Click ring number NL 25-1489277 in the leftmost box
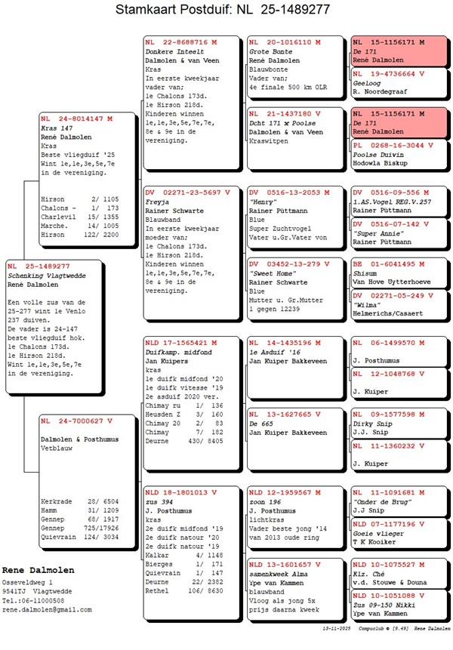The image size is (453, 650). pos(39,266)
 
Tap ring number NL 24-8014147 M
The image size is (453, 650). pos(76,119)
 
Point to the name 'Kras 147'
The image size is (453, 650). pos(57,128)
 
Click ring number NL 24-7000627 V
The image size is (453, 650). pos(76,420)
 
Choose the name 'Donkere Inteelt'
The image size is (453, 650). pos(171,51)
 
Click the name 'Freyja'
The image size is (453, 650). pos(158,202)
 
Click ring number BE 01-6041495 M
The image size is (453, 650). pos(388,263)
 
